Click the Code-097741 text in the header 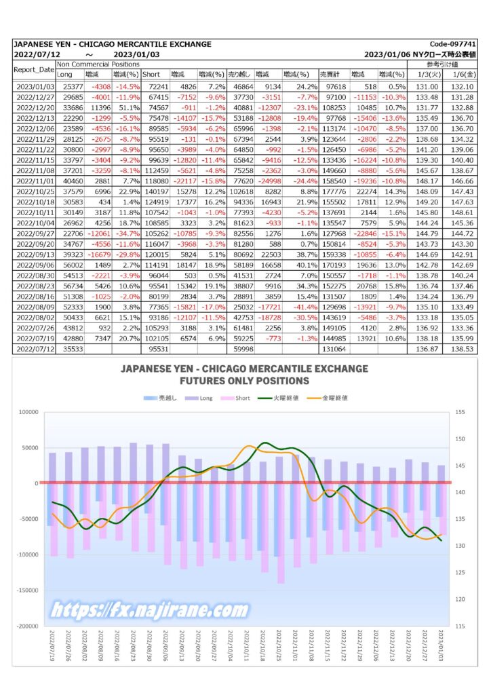(452, 44)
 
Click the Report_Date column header (34, 70)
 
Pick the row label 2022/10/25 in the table (35, 191)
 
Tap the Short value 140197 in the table (157, 191)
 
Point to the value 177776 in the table (334, 191)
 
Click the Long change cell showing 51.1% (127, 108)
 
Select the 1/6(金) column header (464, 74)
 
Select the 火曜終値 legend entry (279, 398)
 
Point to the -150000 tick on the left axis (27, 590)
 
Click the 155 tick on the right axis (460, 412)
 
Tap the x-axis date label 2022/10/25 (279, 646)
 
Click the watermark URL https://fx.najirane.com (149, 610)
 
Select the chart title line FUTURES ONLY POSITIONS (244, 381)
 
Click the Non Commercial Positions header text (98, 64)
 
